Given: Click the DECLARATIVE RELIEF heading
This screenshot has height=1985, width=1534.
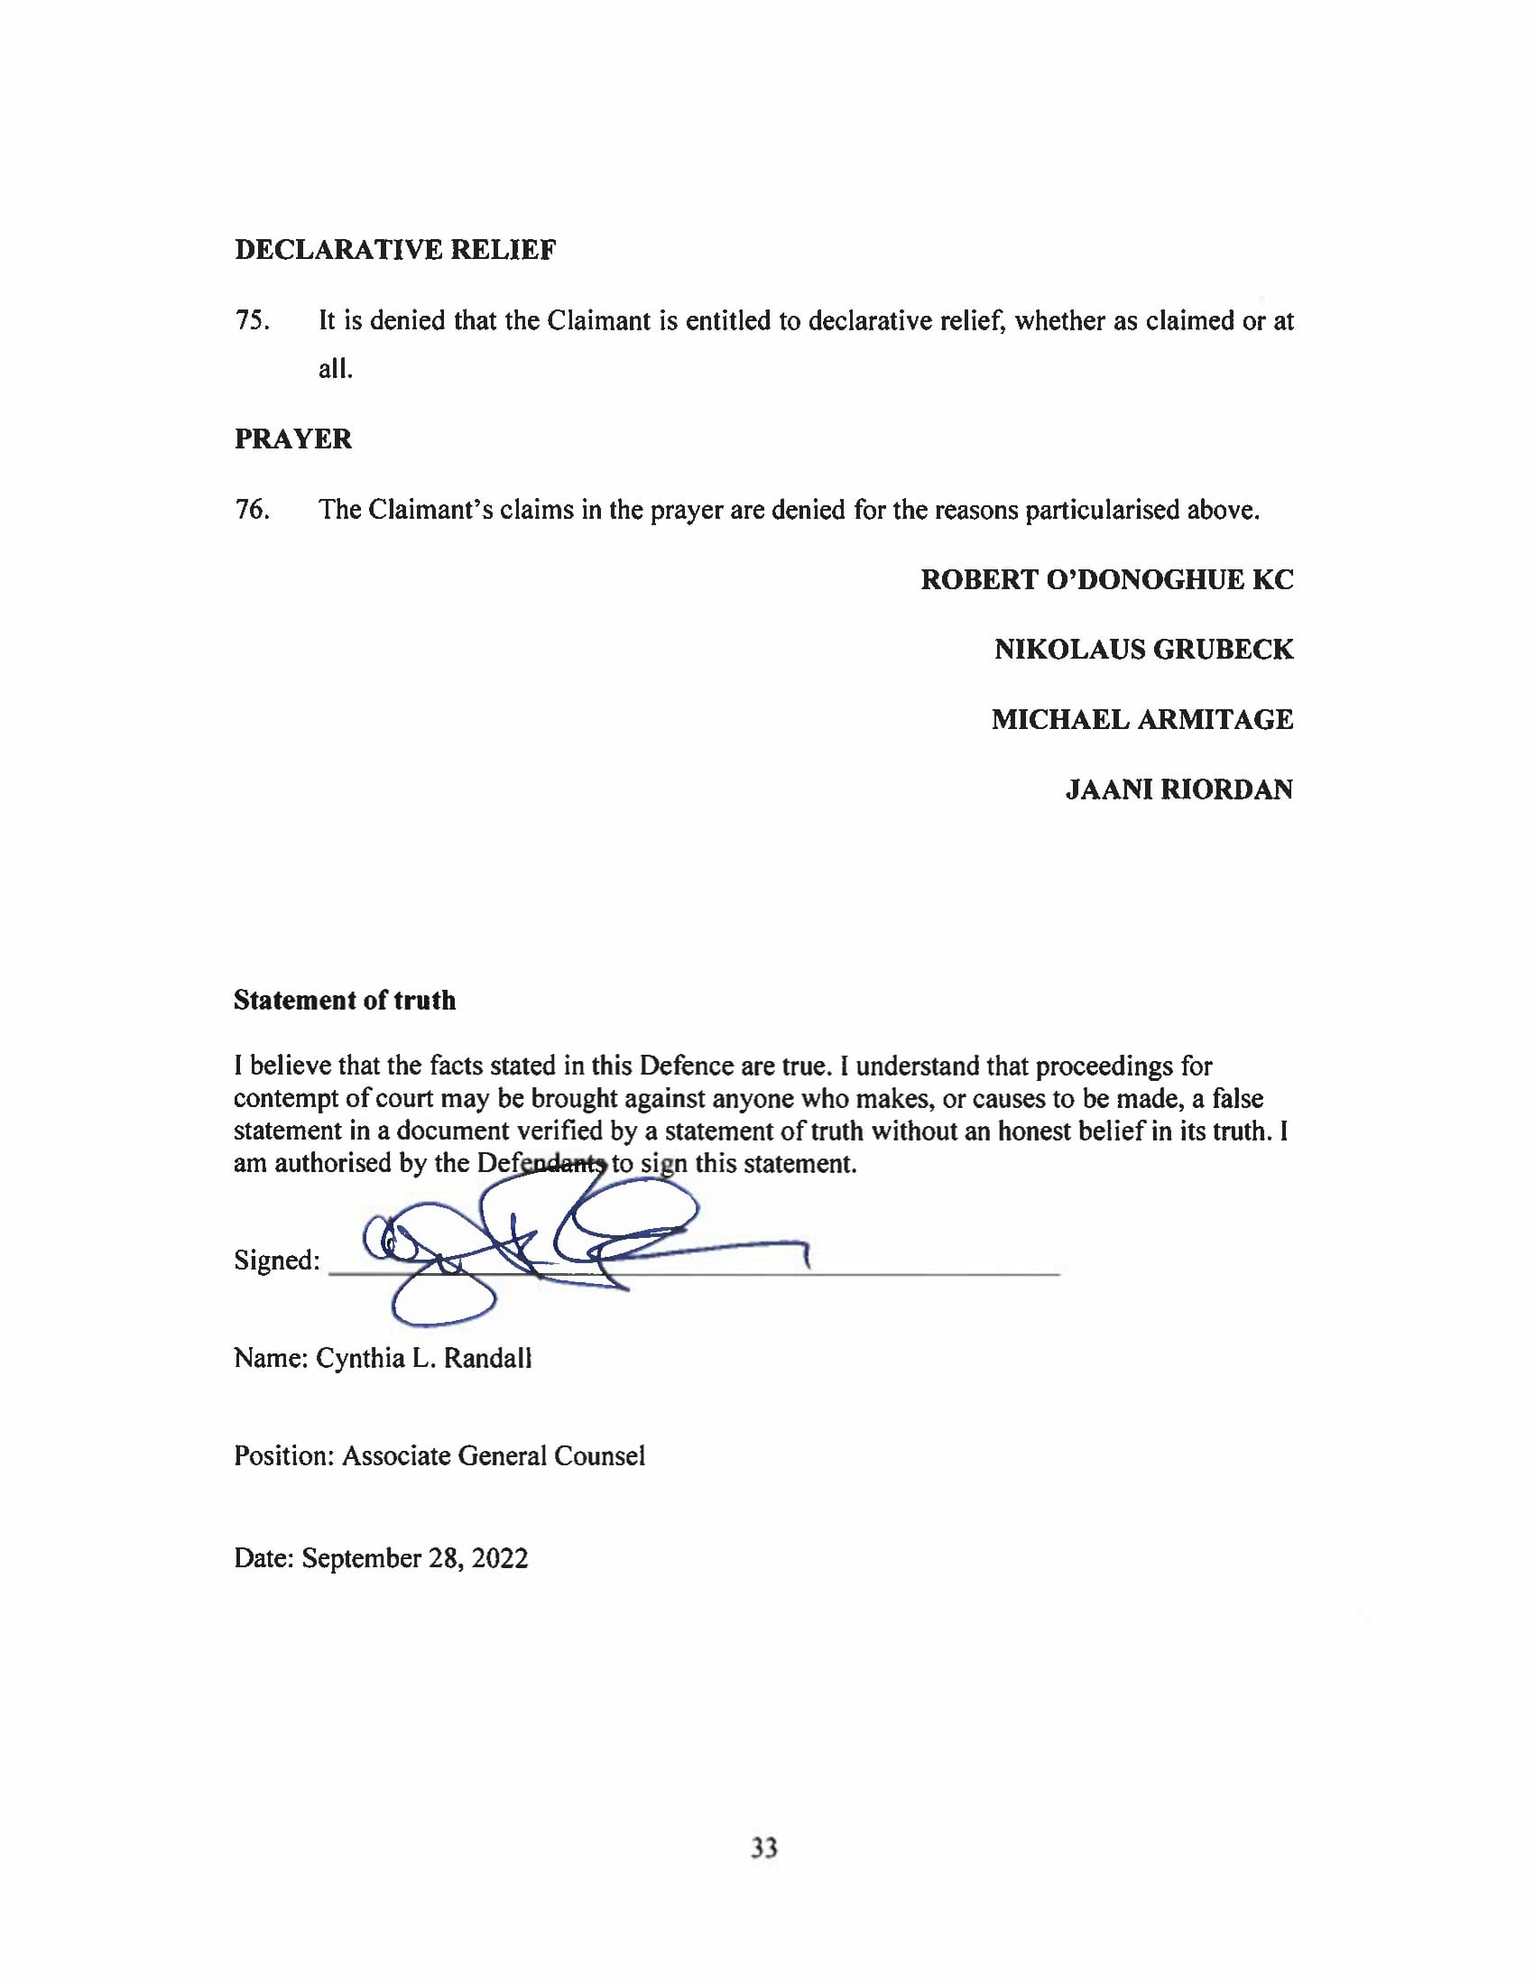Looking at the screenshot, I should [x=394, y=250].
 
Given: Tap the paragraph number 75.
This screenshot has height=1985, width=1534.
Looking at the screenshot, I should [x=251, y=321].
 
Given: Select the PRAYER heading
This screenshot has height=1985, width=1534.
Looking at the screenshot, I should [x=292, y=439].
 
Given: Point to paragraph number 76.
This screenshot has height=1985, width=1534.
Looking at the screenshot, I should [x=251, y=510].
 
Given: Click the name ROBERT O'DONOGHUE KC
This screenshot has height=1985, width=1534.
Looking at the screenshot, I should [x=1106, y=580].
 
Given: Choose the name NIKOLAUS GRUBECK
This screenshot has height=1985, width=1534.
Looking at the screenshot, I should [x=1142, y=650].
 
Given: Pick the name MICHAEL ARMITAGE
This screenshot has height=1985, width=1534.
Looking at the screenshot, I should [x=1141, y=720].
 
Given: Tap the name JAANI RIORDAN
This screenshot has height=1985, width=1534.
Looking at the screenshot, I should [x=1178, y=789].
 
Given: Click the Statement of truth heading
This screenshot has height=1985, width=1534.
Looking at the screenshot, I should [x=345, y=1000].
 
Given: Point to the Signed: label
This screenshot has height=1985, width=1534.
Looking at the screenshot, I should [x=276, y=1260].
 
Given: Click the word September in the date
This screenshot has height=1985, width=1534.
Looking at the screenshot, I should [x=361, y=1560].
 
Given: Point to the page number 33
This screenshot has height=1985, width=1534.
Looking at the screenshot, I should [x=764, y=1848].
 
